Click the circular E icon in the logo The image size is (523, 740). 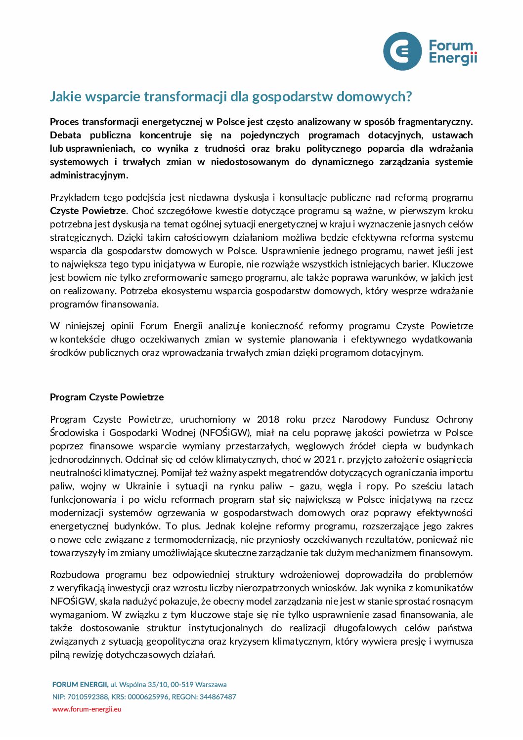point(402,51)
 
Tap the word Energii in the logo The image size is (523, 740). point(453,59)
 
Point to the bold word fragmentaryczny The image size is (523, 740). point(435,122)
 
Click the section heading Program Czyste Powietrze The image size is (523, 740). point(107,397)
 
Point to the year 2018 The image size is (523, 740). point(268,419)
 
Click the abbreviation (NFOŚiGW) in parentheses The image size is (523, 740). point(225,433)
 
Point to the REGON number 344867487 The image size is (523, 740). point(218,696)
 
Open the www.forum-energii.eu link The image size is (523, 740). point(87,709)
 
